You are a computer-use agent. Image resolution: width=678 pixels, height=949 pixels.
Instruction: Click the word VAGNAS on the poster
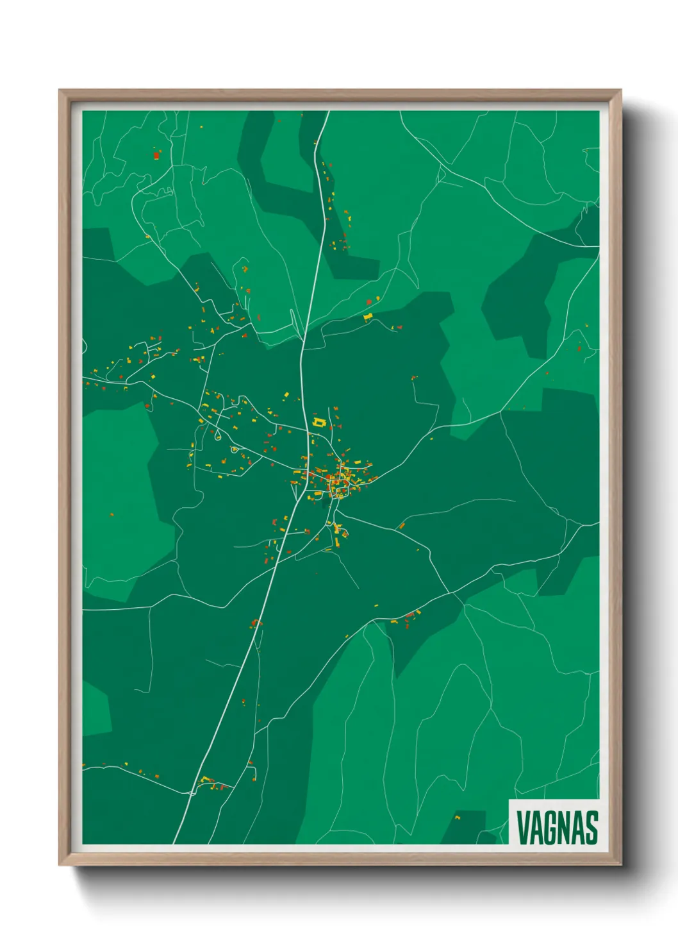click(557, 828)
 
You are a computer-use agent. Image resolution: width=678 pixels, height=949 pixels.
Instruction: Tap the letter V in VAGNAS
click(523, 828)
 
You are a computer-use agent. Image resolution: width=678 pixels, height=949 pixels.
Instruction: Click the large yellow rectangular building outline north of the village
click(319, 423)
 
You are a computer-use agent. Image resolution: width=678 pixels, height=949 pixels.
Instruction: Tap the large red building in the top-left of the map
click(156, 155)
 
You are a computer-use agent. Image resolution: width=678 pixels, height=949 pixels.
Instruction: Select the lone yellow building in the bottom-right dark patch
click(458, 818)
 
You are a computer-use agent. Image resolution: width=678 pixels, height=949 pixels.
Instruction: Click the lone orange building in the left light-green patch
click(112, 514)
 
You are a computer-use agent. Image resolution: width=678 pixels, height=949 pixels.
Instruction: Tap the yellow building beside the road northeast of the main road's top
click(368, 316)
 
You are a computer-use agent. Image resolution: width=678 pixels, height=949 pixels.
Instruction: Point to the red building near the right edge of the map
click(579, 349)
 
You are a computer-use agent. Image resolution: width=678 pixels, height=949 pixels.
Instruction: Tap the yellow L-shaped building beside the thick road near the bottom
click(206, 779)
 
